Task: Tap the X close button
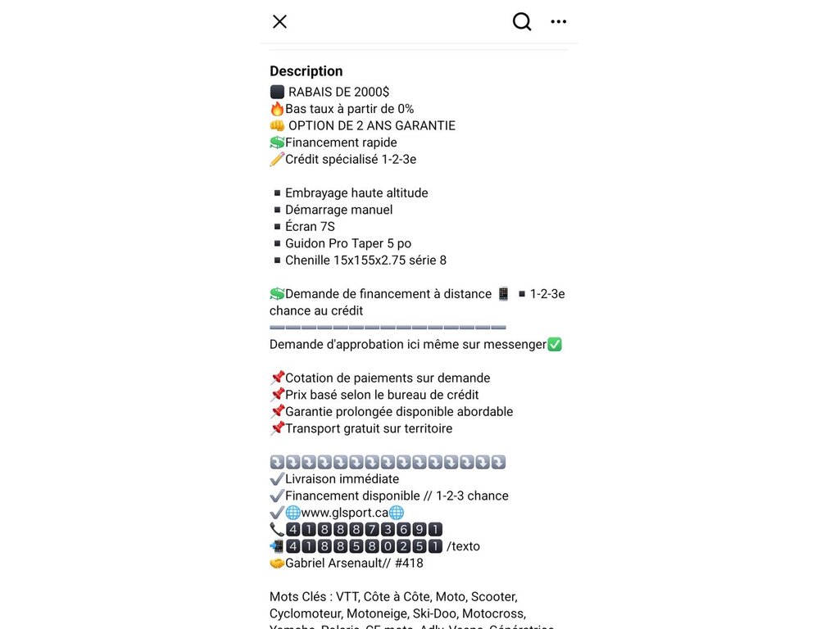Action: [x=279, y=21]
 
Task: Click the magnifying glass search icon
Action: [x=522, y=21]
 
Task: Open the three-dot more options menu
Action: [x=559, y=21]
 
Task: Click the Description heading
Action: [x=306, y=71]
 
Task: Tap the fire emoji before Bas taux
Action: [x=277, y=109]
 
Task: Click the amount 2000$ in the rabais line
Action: [x=372, y=92]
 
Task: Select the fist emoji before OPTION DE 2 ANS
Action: [x=277, y=125]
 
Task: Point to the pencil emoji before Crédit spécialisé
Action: [x=277, y=159]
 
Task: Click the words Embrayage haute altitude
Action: [x=356, y=192]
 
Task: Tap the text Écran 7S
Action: [x=310, y=226]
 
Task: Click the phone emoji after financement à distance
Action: [x=503, y=294]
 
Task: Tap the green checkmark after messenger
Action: [x=555, y=345]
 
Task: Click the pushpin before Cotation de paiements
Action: [x=277, y=378]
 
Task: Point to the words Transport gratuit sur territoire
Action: [x=369, y=428]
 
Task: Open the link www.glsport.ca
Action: [x=345, y=513]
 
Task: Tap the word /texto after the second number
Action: [x=463, y=546]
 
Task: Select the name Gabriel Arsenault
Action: [x=336, y=563]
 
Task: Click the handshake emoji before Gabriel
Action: [x=277, y=563]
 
